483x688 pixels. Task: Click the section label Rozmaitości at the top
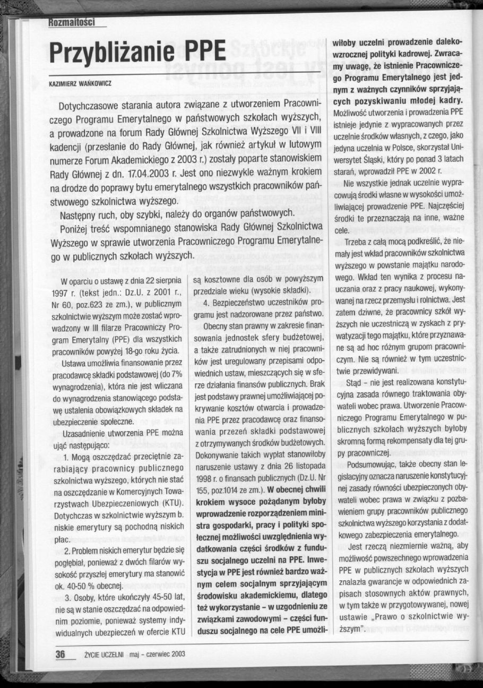[71, 23]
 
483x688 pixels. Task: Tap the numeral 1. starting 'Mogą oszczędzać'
[66, 456]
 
